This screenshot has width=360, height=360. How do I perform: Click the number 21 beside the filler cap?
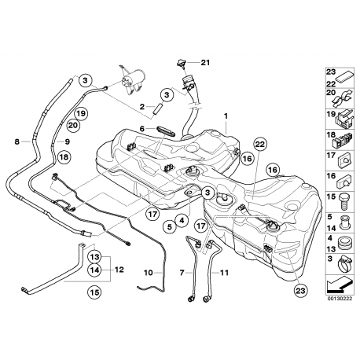coord(206,63)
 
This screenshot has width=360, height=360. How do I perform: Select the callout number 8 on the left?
coord(17,142)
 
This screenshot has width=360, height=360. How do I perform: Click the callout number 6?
coord(141,128)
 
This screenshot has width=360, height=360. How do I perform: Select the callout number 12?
coord(120,268)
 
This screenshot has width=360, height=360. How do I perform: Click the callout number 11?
coord(224,273)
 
